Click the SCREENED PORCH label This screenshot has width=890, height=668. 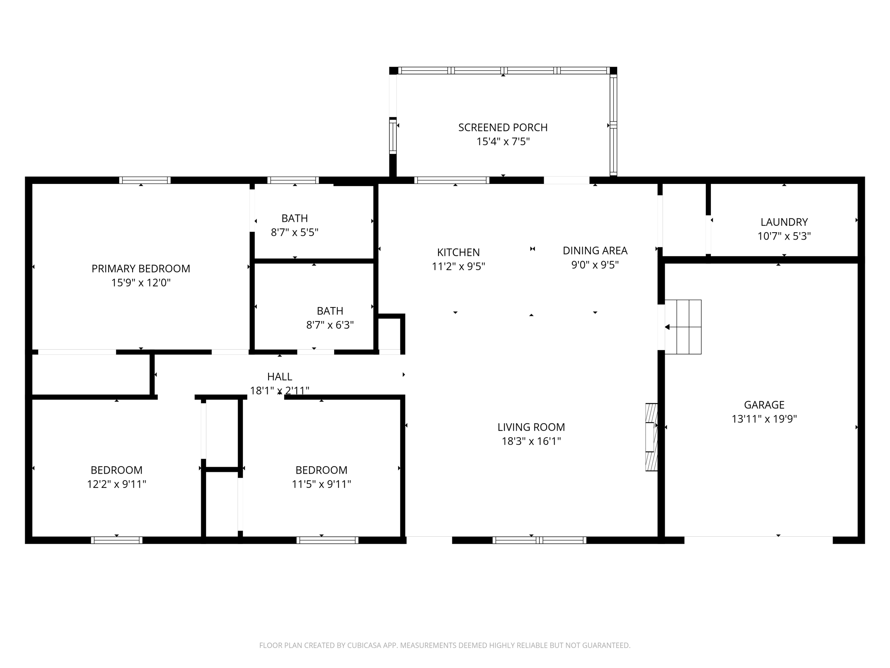tap(503, 127)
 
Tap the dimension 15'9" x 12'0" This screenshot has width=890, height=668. tap(141, 283)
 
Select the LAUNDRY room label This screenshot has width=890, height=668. tap(784, 222)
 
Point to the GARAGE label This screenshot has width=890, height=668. tap(764, 405)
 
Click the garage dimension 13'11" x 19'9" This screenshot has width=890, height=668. tap(764, 419)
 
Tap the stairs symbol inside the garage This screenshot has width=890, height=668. tap(683, 327)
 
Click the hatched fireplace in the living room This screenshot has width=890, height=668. tap(651, 437)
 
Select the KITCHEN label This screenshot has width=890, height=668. tap(458, 252)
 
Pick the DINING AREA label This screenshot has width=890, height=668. tap(595, 250)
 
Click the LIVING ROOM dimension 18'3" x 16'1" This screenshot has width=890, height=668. tap(531, 441)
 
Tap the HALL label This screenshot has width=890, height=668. tap(279, 377)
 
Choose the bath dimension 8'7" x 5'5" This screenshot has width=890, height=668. tap(295, 232)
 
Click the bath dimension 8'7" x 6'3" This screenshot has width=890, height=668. tap(330, 325)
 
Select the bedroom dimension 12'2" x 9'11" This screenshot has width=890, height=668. tap(116, 484)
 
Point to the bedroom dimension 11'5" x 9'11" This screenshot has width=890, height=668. tap(321, 484)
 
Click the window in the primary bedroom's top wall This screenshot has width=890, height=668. tap(145, 180)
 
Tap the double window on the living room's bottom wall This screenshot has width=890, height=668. tap(539, 540)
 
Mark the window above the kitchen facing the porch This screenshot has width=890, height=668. tap(452, 180)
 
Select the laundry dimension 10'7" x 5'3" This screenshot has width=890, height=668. tap(784, 236)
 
